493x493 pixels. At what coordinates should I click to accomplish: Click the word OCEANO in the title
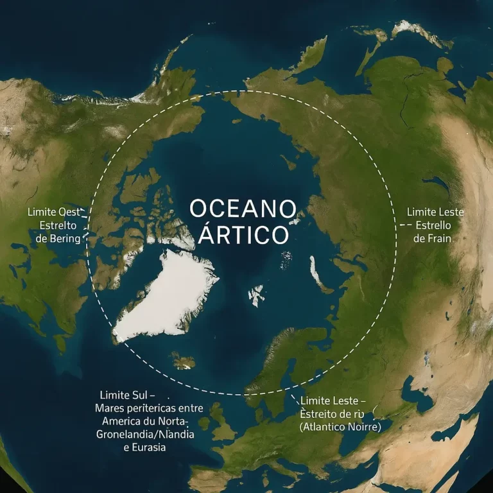click(242, 209)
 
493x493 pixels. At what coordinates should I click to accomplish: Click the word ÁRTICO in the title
click(243, 235)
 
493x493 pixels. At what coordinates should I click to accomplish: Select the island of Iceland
click(182, 362)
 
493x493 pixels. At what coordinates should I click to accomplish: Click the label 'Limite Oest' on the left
click(52, 212)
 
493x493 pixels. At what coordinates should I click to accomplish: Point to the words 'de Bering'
click(56, 239)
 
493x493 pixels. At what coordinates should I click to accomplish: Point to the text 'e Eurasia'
click(144, 447)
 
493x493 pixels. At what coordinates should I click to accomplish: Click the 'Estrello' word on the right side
click(434, 225)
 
